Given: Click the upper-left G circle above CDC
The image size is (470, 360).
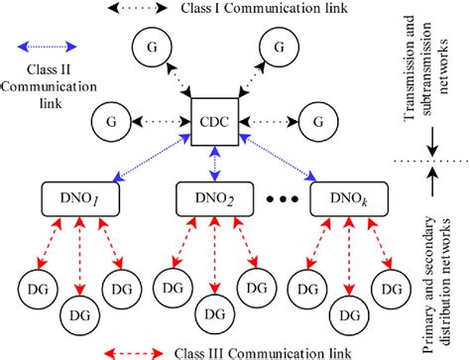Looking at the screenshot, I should tap(150, 49).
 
